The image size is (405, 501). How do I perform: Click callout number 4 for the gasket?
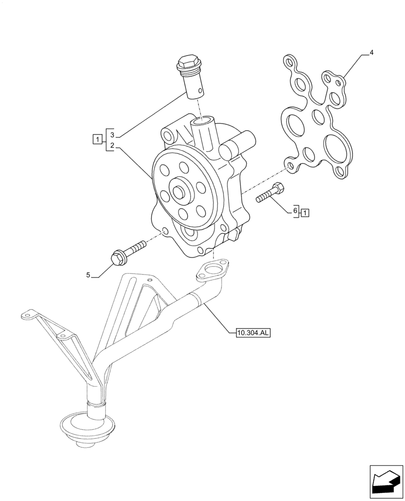tap(371, 52)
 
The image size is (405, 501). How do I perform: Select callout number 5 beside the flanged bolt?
tap(88, 275)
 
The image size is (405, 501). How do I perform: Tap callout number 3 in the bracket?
tap(112, 135)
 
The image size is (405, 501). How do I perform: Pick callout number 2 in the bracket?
tap(112, 146)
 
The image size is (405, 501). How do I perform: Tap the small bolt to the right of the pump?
tap(271, 193)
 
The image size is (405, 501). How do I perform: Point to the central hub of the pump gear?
tap(178, 192)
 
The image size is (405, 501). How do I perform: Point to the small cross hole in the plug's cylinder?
tap(200, 91)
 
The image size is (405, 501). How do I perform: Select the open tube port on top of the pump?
tap(204, 121)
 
